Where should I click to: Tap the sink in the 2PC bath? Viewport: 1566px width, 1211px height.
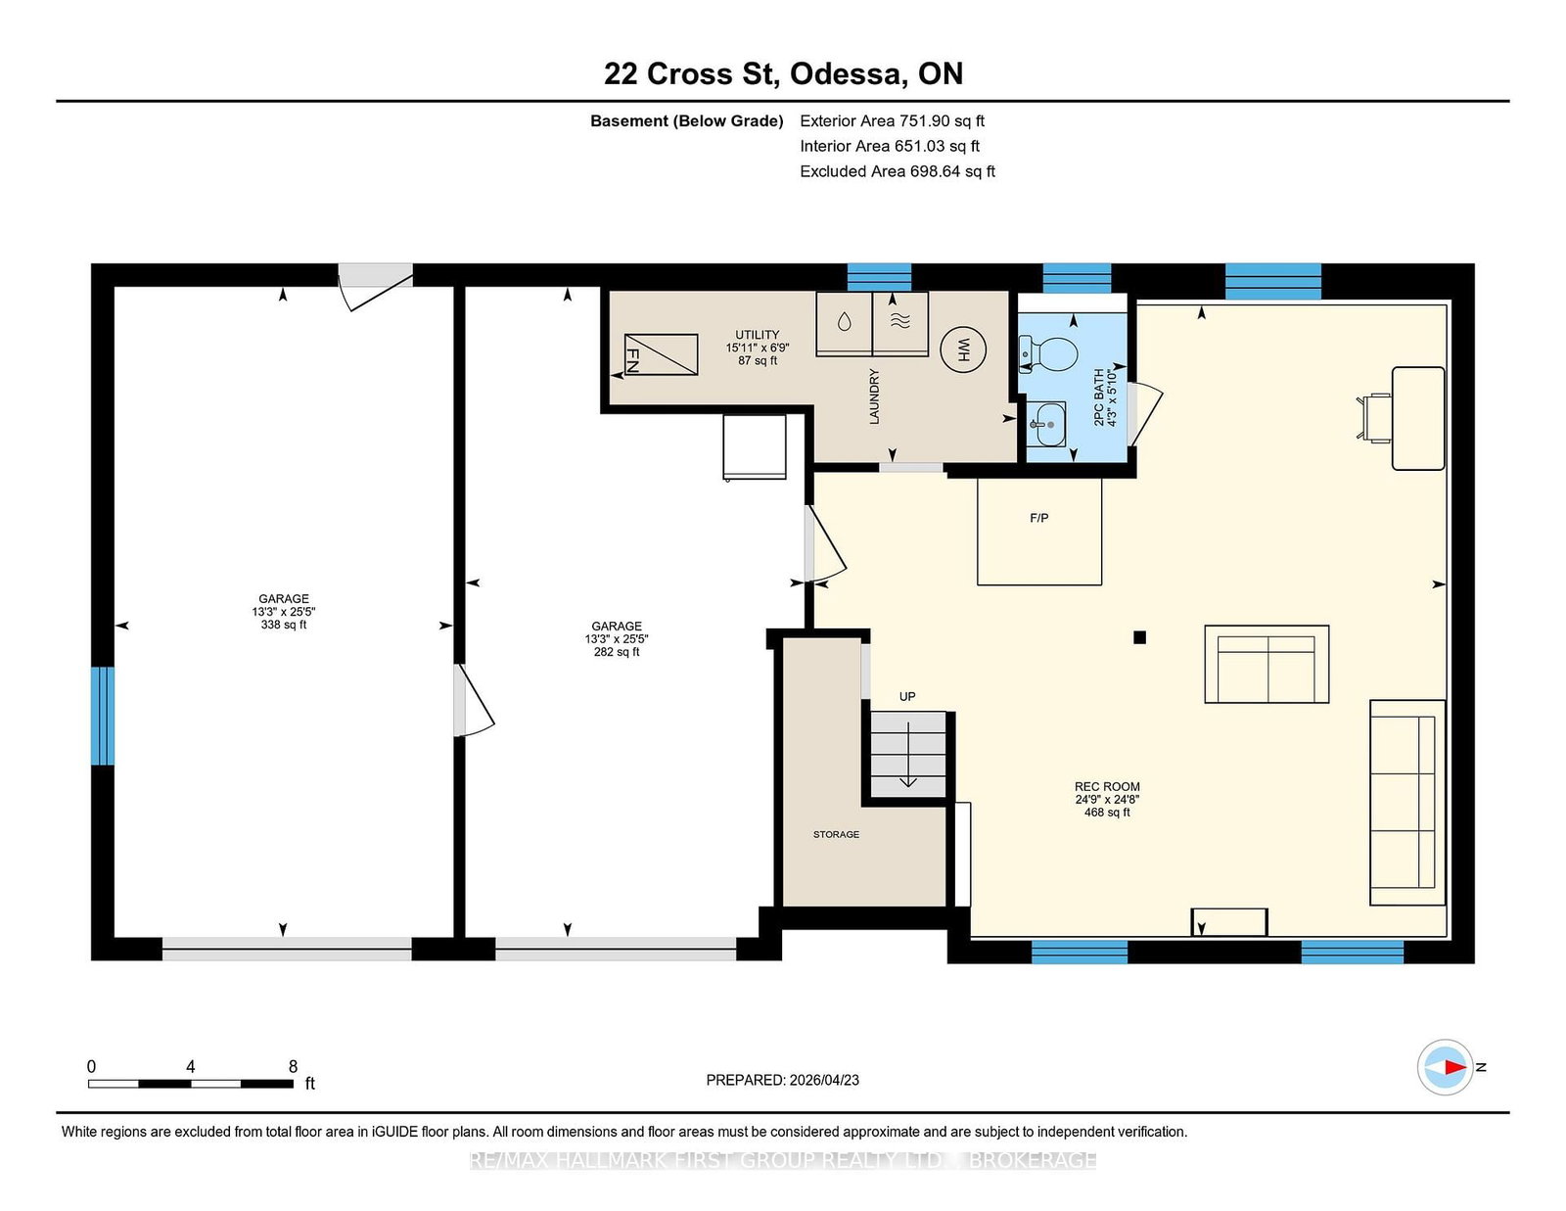(x=1045, y=424)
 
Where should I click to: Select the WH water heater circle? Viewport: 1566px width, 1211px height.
(x=963, y=350)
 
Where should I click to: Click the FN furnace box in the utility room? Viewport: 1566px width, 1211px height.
(x=661, y=354)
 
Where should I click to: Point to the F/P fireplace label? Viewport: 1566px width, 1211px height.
(x=1039, y=518)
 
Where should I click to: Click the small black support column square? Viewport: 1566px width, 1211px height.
(x=1139, y=637)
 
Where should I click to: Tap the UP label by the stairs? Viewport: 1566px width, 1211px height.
(x=907, y=696)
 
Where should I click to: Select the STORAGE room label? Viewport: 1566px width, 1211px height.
(x=836, y=834)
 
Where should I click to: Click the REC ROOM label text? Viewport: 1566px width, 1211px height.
(x=1107, y=786)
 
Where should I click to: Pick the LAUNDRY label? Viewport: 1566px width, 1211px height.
(x=874, y=396)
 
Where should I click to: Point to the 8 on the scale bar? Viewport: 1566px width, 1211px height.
(x=293, y=1066)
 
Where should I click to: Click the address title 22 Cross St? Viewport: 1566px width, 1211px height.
(x=691, y=73)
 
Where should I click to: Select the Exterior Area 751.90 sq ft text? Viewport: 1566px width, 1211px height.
(x=893, y=121)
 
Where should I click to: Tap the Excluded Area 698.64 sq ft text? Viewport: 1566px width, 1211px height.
(x=898, y=171)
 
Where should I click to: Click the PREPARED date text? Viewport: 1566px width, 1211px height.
(x=783, y=1080)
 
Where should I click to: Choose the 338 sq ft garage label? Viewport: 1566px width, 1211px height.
(x=284, y=625)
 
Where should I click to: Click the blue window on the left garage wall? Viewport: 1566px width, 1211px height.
(x=103, y=716)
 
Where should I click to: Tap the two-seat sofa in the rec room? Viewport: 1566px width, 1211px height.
(x=1267, y=664)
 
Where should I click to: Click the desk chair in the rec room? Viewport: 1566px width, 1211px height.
(x=1374, y=417)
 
